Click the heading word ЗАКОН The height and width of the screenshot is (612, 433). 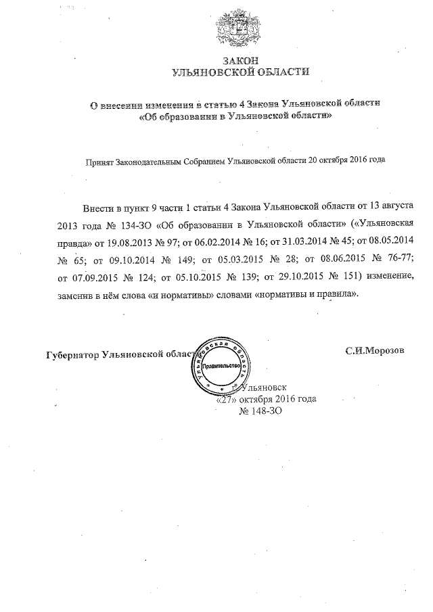point(236,60)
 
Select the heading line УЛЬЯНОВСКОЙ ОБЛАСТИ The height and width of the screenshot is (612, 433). point(236,71)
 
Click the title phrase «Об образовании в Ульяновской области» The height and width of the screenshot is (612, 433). point(235,116)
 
